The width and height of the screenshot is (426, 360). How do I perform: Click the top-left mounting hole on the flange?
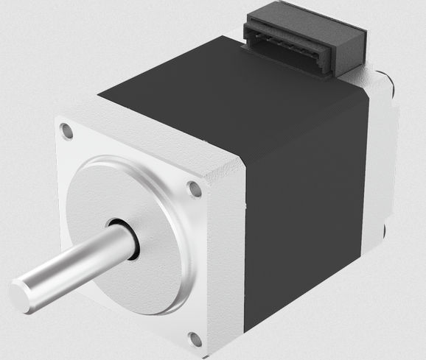coord(68,133)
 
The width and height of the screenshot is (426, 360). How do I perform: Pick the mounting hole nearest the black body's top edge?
coord(195,189)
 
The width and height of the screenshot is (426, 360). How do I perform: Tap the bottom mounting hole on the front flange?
coord(195,339)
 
